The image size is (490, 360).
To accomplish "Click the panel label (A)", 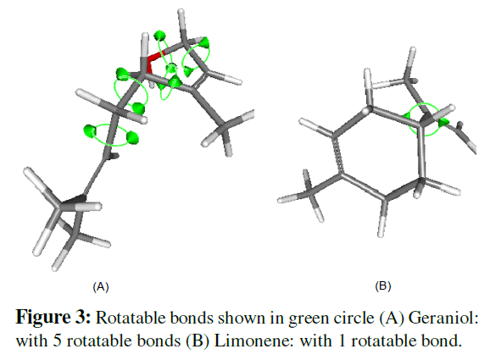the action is (x=101, y=286).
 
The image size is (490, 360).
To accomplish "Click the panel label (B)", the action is (x=383, y=285).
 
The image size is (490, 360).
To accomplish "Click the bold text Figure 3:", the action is (x=53, y=318).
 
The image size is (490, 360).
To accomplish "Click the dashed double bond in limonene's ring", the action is (x=337, y=154).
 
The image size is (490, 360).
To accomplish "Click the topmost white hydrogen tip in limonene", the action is (x=413, y=50).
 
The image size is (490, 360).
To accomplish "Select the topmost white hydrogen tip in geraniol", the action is (x=181, y=12).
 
